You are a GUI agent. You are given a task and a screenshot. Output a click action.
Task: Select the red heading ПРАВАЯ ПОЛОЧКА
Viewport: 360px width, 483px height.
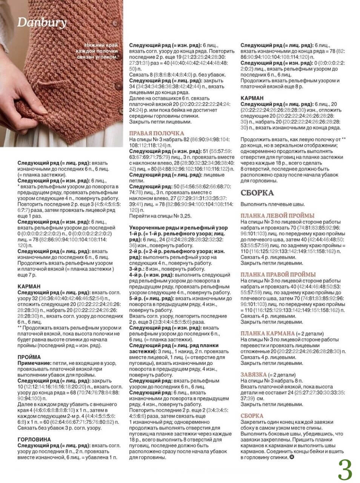tap(157, 133)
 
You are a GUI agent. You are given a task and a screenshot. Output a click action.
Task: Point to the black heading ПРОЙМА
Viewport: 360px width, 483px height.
tap(29, 357)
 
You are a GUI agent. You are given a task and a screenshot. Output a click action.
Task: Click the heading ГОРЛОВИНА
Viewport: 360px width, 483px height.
tap(34, 439)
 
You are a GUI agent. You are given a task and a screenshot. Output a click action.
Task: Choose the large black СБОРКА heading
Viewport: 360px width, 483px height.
tap(257, 193)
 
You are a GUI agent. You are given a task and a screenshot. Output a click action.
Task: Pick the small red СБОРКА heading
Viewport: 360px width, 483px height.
tap(252, 416)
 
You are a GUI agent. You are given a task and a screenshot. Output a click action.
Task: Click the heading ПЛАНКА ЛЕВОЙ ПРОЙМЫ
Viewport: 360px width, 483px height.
tap(277, 216)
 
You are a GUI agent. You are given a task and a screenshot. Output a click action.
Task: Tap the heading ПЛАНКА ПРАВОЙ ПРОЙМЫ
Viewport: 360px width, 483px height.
tap(278, 275)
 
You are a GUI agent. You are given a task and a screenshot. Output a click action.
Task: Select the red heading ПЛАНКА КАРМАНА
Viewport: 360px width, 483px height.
tap(268, 334)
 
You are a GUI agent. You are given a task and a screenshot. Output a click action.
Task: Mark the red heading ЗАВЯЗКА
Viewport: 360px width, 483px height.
tap(254, 375)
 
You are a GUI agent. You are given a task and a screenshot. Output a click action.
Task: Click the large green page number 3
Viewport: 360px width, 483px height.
tap(345, 469)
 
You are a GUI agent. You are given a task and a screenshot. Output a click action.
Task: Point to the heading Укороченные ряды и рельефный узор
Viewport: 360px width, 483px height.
tap(178, 228)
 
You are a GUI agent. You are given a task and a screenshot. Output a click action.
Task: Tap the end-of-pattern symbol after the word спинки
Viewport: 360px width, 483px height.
tap(291, 457)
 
